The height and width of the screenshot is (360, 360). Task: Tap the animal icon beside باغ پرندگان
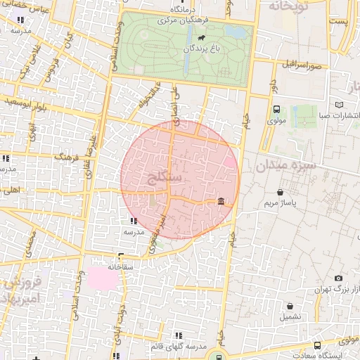[x=202, y=38]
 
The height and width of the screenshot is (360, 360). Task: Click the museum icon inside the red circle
[x=221, y=202]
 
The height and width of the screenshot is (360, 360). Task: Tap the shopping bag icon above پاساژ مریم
[x=281, y=191]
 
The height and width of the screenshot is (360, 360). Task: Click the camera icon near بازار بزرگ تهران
[x=338, y=278]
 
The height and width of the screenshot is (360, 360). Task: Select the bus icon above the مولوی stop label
[x=276, y=109]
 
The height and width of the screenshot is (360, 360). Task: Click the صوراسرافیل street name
[x=303, y=65]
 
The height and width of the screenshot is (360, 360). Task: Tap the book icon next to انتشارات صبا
[x=340, y=104]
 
